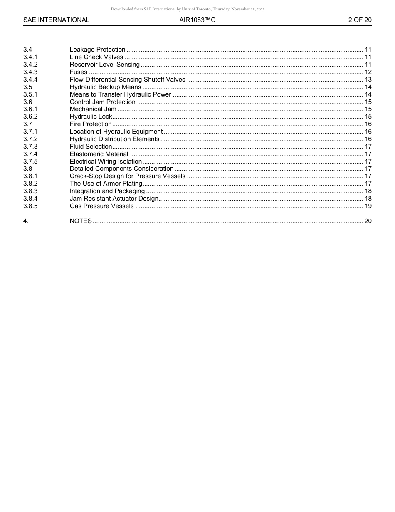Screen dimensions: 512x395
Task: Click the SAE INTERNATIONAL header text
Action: tap(56, 20)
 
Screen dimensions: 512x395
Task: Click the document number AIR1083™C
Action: tap(197, 20)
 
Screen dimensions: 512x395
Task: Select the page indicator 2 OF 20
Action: tap(360, 20)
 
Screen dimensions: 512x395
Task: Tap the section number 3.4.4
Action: tap(30, 80)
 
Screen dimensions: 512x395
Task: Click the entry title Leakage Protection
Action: tap(97, 50)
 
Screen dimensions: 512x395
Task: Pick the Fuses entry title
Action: tap(78, 72)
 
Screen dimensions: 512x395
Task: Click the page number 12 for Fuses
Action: tap(368, 72)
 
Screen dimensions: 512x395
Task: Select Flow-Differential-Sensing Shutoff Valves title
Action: tap(127, 80)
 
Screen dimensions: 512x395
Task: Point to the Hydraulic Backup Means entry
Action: tap(105, 87)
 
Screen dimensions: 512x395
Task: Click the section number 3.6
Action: tap(28, 102)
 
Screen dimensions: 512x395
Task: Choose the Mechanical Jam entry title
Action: tap(93, 109)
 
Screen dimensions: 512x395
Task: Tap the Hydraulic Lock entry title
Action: tap(91, 117)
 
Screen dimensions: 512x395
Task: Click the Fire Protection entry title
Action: tap(90, 124)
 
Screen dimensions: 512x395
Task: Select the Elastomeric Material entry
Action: tap(99, 154)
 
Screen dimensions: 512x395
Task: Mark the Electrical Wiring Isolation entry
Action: tap(106, 162)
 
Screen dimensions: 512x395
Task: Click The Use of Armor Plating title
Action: tap(106, 184)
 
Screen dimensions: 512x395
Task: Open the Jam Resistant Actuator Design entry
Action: tap(114, 199)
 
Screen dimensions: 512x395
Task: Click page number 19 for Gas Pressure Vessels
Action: tap(368, 206)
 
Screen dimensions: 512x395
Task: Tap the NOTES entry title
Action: tap(81, 221)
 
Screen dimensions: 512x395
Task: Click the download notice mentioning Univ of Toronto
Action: tap(188, 9)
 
